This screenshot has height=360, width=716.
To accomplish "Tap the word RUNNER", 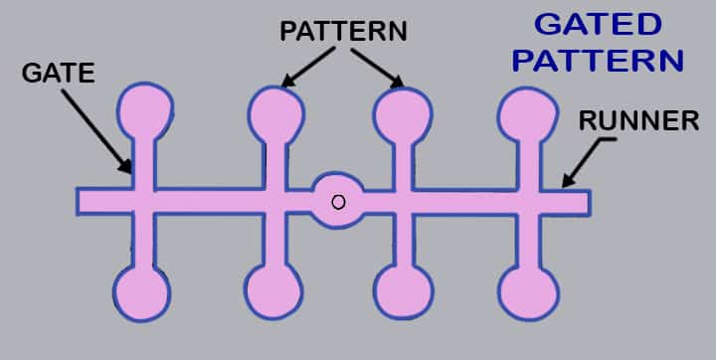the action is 639,121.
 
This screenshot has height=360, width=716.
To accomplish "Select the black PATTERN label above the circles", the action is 343,31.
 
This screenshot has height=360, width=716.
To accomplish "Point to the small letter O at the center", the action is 338,202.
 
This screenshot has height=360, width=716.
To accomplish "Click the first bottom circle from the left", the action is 141,291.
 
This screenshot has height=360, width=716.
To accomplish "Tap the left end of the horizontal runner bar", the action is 85,200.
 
